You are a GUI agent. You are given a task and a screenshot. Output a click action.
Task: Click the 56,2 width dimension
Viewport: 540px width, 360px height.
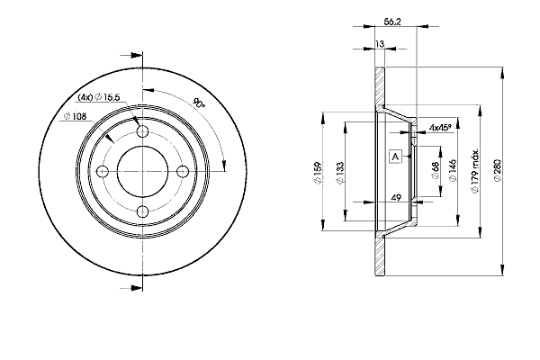click(x=392, y=22)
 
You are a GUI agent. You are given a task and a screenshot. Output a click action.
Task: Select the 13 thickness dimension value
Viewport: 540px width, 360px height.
click(x=380, y=44)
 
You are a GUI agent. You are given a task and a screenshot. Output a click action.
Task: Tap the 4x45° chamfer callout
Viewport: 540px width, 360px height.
click(x=440, y=128)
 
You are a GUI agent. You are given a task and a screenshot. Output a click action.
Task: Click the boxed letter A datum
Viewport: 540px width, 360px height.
click(x=395, y=157)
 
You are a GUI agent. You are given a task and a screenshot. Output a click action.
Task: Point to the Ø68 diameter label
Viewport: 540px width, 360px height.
click(x=436, y=170)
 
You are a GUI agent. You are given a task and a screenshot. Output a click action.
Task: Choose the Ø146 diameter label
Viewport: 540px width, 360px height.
click(x=453, y=170)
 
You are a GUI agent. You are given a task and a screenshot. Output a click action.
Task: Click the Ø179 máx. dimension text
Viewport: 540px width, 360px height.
click(x=475, y=171)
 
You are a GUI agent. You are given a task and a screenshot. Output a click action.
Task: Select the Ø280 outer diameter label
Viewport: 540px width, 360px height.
click(x=497, y=170)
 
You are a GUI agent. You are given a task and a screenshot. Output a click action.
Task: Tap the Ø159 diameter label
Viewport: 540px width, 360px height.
click(x=318, y=173)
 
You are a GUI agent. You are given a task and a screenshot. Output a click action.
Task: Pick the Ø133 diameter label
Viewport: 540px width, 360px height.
click(x=340, y=173)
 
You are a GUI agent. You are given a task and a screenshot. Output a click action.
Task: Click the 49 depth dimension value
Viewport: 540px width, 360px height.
click(x=396, y=198)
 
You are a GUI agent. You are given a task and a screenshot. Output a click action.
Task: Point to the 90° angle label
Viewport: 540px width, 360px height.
click(x=200, y=103)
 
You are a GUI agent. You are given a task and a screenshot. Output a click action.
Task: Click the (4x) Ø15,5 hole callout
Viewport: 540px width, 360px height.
click(x=98, y=97)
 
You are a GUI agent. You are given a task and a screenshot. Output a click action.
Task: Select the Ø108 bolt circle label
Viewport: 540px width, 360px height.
click(x=75, y=117)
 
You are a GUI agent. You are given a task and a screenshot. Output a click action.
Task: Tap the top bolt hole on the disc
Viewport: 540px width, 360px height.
click(x=142, y=130)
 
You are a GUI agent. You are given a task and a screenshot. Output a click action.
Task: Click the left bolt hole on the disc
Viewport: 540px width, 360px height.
click(x=103, y=171)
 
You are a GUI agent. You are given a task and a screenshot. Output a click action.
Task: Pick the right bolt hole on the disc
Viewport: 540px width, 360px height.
click(x=183, y=171)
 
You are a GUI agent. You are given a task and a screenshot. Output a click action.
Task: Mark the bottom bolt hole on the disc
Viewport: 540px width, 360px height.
click(x=142, y=211)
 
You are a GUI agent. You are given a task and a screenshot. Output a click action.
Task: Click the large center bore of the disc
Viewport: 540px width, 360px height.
click(x=142, y=171)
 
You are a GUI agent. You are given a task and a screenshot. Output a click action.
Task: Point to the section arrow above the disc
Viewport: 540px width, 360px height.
click(x=131, y=56)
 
